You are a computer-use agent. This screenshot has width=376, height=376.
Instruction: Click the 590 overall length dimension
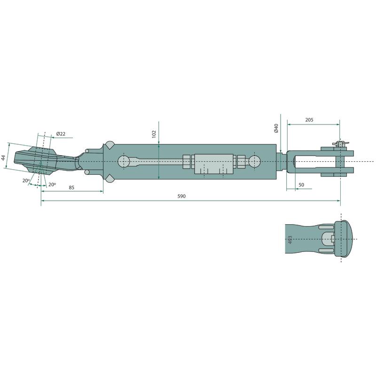coord(181,196)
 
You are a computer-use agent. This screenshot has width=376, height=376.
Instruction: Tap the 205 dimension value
coord(309,120)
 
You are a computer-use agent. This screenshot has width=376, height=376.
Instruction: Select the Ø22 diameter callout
coord(61,134)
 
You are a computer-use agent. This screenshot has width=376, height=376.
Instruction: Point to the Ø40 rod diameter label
coord(276,128)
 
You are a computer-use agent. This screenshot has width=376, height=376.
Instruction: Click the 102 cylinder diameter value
coord(154,134)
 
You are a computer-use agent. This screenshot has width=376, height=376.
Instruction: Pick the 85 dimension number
coord(71,188)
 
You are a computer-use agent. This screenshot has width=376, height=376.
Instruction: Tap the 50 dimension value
coord(301,185)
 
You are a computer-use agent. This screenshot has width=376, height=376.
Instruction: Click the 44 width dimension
coord(3,158)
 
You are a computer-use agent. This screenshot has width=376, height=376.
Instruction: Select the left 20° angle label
coord(26,180)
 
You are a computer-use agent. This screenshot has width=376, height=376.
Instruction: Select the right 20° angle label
coord(52,184)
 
